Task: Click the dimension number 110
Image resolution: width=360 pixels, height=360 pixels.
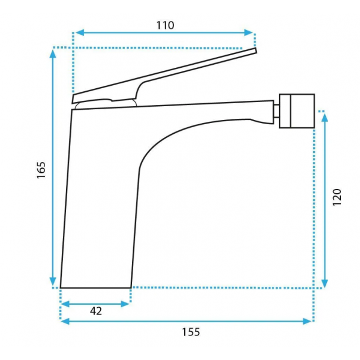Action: [x=165, y=25]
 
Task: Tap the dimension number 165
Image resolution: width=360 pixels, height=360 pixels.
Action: [x=41, y=170]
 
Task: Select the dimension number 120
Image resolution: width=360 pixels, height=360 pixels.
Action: [x=337, y=197]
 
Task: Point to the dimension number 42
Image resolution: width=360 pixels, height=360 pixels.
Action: [x=96, y=311]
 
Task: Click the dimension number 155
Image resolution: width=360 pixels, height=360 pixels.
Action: [x=191, y=332]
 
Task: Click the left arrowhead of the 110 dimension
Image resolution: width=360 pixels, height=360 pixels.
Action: [x=79, y=32]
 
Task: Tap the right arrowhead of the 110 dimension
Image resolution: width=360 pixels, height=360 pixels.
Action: [x=248, y=32]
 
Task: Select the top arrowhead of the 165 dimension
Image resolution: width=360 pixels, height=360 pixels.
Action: [x=53, y=54]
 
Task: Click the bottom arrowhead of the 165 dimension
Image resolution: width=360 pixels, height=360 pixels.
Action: [x=53, y=281]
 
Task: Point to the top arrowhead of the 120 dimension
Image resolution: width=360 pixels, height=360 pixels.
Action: [x=325, y=118]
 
